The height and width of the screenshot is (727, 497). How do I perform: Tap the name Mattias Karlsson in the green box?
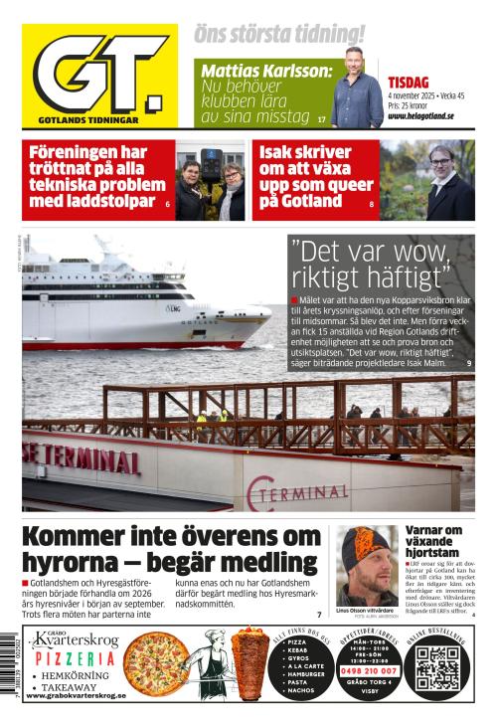[265, 73]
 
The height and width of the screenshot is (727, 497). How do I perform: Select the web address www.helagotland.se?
[421, 115]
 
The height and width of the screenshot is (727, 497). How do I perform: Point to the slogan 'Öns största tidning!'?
[279, 34]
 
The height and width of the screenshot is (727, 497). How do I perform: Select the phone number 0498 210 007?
[372, 670]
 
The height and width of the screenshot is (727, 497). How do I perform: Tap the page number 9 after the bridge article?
[468, 365]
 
